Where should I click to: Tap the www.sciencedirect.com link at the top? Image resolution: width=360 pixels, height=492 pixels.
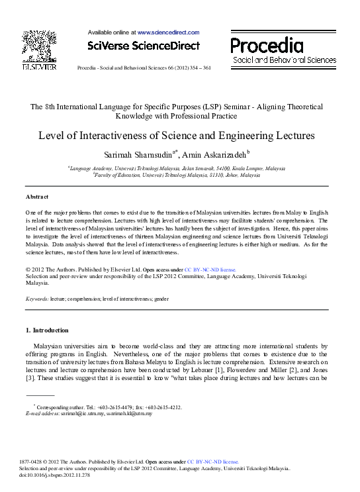(168, 32)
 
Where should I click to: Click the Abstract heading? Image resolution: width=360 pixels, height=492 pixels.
(37, 197)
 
